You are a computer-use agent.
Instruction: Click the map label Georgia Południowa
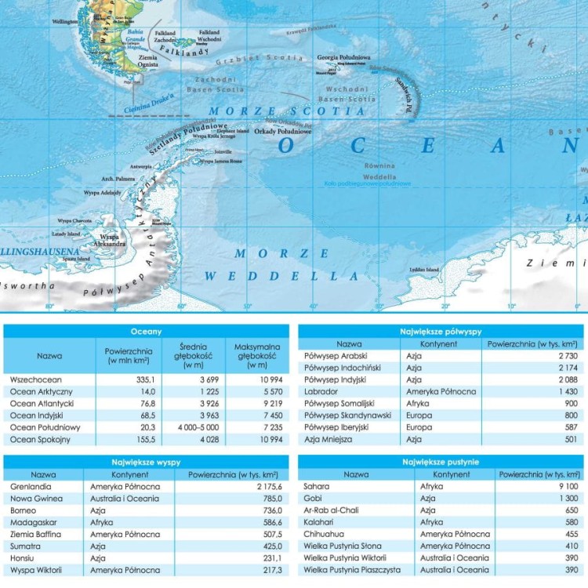343,57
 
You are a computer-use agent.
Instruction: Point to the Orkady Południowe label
283,131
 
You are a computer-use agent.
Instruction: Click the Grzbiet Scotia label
260,57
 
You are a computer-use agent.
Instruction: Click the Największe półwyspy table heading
441,332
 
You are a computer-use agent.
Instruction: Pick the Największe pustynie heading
441,462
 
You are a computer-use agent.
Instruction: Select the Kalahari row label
318,521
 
